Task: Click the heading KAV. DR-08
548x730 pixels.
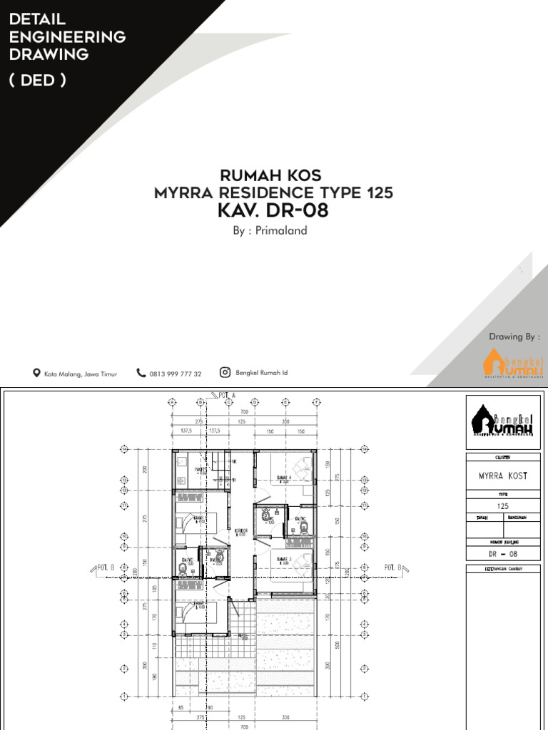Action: [x=273, y=211]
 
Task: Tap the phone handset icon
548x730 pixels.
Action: [x=141, y=373]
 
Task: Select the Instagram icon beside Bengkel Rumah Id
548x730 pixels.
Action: [x=225, y=372]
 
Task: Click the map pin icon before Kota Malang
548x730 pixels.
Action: [x=36, y=373]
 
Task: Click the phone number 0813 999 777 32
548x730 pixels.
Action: [x=176, y=374]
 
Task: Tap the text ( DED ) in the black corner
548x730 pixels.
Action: [x=38, y=80]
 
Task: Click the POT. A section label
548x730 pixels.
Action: [x=228, y=394]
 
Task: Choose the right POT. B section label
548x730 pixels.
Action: [x=395, y=567]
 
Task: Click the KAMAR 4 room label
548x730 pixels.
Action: [x=283, y=478]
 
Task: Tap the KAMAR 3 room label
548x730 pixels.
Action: [x=283, y=559]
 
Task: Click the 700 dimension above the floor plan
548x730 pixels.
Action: [x=243, y=413]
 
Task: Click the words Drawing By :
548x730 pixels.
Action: [x=514, y=336]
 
